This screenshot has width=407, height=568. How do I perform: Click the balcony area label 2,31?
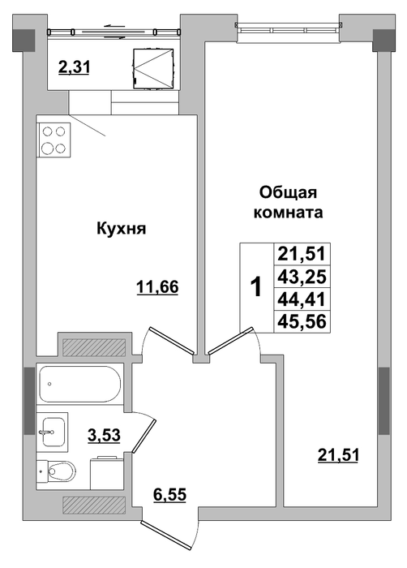pyautogui.click(x=74, y=67)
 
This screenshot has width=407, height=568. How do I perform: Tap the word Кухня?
pyautogui.click(x=122, y=229)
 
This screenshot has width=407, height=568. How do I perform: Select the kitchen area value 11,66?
pyautogui.click(x=157, y=287)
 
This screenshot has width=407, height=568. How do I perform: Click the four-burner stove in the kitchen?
pyautogui.click(x=54, y=140)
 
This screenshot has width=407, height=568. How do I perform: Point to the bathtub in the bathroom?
pyautogui.click(x=79, y=384)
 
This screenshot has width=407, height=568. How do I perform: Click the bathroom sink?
pyautogui.click(x=53, y=432)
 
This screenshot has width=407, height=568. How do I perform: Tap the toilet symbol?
pyautogui.click(x=57, y=471)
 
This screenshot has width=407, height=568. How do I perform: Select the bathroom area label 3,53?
pyautogui.click(x=104, y=435)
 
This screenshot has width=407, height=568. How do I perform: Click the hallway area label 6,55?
pyautogui.click(x=169, y=494)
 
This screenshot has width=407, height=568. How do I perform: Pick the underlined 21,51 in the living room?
pyautogui.click(x=338, y=454)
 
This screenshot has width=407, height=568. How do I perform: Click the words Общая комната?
pyautogui.click(x=289, y=202)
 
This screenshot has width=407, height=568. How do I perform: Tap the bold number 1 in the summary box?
pyautogui.click(x=256, y=287)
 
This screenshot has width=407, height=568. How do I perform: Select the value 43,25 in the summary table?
pyautogui.click(x=302, y=278)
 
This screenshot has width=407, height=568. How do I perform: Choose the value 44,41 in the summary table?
pyautogui.click(x=302, y=299)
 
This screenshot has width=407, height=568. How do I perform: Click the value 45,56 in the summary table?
pyautogui.click(x=302, y=321)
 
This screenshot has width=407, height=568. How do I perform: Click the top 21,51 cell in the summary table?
pyautogui.click(x=302, y=253)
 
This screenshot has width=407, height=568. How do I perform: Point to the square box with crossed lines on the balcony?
pyautogui.click(x=152, y=67)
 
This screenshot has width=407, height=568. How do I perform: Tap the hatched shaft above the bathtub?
pyautogui.click(x=94, y=347)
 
